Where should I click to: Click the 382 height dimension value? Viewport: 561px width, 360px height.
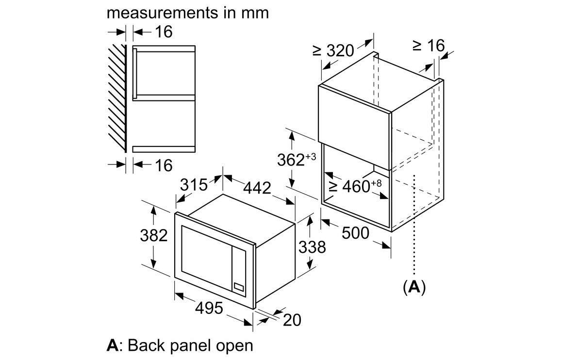[x=153, y=236]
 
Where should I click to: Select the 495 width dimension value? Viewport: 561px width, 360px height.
[x=209, y=308]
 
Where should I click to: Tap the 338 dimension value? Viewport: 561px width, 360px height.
[x=312, y=247]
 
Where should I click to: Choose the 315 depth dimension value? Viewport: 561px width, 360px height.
[x=194, y=185]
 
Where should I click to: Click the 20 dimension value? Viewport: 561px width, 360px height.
[x=292, y=320]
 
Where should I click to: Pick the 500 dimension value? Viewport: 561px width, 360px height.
[x=356, y=233]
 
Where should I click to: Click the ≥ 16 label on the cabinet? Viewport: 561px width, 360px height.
[x=429, y=46]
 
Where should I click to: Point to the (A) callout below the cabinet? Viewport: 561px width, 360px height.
[x=414, y=287]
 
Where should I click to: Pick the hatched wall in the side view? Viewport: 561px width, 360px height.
[x=118, y=97]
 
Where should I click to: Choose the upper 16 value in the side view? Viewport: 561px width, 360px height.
[x=164, y=32]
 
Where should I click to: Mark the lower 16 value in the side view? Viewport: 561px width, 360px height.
[x=164, y=165]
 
